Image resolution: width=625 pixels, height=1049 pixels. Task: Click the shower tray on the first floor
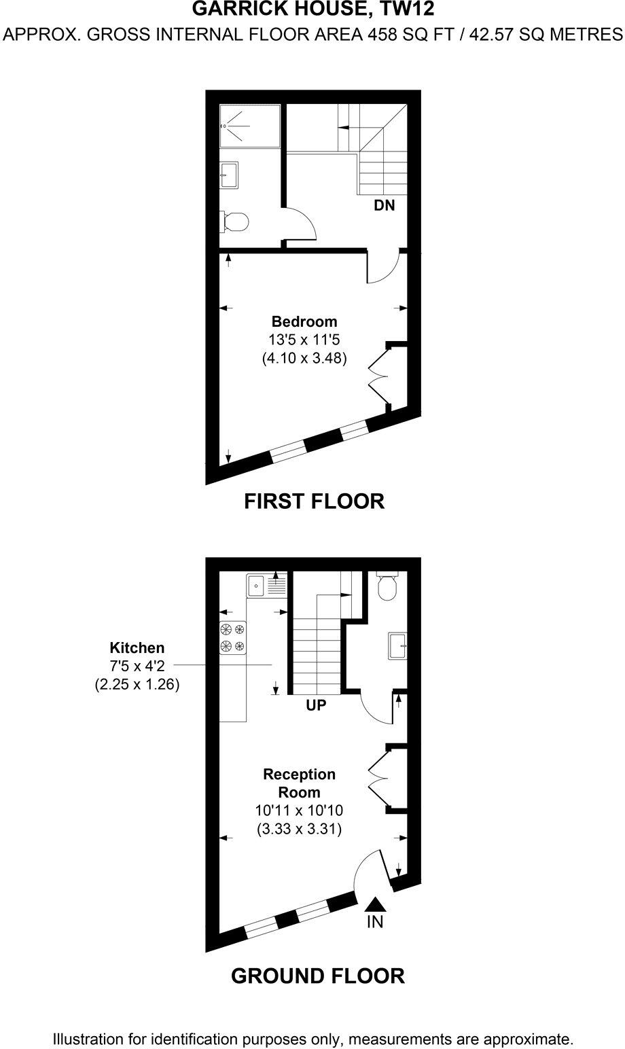(x=249, y=126)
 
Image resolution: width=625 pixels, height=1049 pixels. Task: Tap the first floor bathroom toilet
(x=235, y=221)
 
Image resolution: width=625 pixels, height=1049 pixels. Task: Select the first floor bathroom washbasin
(x=229, y=174)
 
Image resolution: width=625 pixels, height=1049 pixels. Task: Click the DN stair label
(x=384, y=205)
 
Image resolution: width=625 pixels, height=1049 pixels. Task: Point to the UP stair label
(x=316, y=705)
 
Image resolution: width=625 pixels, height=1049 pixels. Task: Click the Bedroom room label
(x=304, y=321)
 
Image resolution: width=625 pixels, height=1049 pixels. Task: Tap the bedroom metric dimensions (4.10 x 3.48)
(x=304, y=359)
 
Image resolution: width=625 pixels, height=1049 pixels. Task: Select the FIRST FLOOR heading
(x=314, y=501)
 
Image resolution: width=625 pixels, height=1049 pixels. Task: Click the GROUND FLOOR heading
(x=317, y=976)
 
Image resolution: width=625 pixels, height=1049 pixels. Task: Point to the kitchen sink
(x=256, y=585)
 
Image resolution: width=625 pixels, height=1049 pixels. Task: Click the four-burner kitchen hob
(x=232, y=637)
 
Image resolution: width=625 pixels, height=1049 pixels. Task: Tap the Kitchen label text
(x=137, y=648)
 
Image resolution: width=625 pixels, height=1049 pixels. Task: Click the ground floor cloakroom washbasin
(x=397, y=645)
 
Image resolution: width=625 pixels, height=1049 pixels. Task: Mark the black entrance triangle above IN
(x=375, y=904)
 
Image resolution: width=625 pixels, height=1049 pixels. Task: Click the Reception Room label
(x=299, y=783)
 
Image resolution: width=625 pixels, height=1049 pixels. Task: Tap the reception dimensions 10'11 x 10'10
(x=299, y=811)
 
